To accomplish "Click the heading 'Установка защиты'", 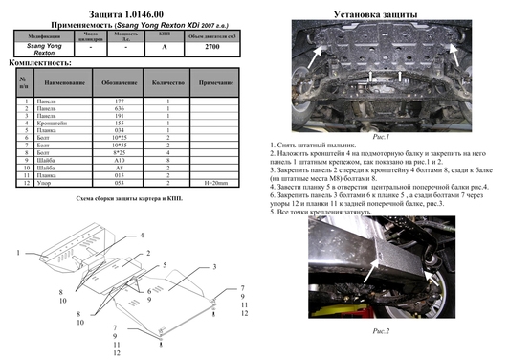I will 381,13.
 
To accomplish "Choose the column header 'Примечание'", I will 216,84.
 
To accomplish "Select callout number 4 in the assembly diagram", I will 141,235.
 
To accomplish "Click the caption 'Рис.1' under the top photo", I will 382,137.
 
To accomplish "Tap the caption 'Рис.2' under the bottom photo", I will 382,329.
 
